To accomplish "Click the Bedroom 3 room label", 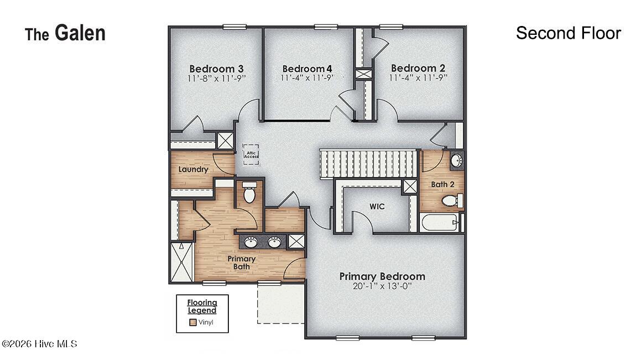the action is click(x=216, y=69).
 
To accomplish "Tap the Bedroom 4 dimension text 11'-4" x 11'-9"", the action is click(x=307, y=77).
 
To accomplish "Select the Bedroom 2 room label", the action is click(x=418, y=68).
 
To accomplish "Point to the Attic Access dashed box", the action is click(x=251, y=154).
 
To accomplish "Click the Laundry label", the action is click(x=193, y=169).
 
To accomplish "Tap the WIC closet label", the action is click(x=377, y=206).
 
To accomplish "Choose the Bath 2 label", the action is click(x=442, y=184).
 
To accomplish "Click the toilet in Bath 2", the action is click(x=452, y=200).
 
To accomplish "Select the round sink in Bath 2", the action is click(x=457, y=160).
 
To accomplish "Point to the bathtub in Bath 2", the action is click(x=440, y=222).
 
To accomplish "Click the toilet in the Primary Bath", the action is click(x=249, y=192).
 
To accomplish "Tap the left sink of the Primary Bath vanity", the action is click(x=251, y=242).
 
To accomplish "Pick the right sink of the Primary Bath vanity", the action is click(x=275, y=242).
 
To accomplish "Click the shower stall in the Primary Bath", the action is click(x=182, y=262).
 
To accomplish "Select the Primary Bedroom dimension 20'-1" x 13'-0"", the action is click(x=382, y=286).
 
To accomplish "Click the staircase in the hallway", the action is click(x=369, y=164).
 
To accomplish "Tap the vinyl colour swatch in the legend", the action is click(x=193, y=323).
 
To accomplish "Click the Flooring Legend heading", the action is click(x=202, y=306).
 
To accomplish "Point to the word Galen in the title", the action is click(x=80, y=33).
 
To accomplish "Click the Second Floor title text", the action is click(x=569, y=33).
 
